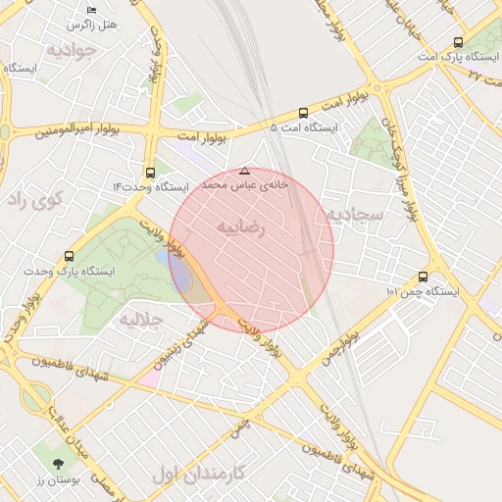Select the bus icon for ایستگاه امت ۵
tap(303, 113)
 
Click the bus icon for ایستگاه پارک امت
tap(458, 42)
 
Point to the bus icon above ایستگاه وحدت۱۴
tap(150, 172)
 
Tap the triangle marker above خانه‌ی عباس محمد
tap(244, 171)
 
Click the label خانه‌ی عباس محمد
tap(244, 184)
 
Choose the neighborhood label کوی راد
tap(35, 199)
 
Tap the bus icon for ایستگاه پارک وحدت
tap(69, 256)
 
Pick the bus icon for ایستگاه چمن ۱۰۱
tap(423, 277)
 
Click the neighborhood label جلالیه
tap(141, 320)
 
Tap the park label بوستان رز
tap(57, 480)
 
